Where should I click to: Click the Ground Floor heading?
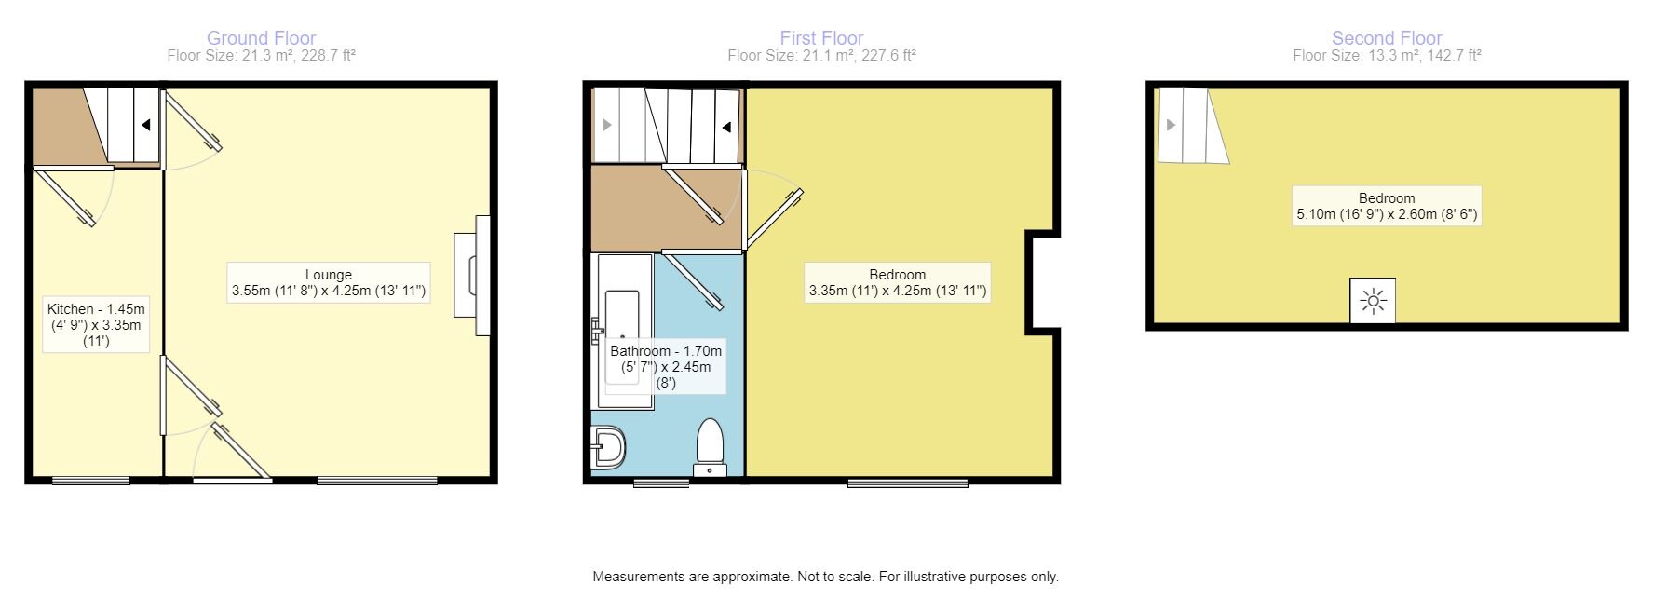(261, 38)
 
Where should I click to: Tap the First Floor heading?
(821, 38)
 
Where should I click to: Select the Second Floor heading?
(1386, 38)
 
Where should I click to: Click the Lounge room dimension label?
(329, 283)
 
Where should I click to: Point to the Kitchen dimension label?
(96, 324)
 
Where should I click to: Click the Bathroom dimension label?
(666, 366)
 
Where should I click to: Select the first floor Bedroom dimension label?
(897, 283)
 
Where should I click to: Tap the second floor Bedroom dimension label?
(1386, 206)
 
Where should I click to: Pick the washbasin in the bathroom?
(608, 448)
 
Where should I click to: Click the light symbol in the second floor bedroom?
(1373, 302)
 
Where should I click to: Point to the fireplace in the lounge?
(471, 276)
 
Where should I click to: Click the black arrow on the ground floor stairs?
(146, 125)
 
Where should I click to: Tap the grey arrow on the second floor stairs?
(1171, 125)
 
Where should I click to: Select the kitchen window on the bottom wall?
(90, 481)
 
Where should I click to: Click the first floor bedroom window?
(907, 483)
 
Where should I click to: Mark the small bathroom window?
(661, 483)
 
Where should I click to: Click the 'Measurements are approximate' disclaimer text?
(825, 577)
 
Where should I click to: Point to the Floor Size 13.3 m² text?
(1386, 56)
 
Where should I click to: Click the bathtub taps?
(596, 330)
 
